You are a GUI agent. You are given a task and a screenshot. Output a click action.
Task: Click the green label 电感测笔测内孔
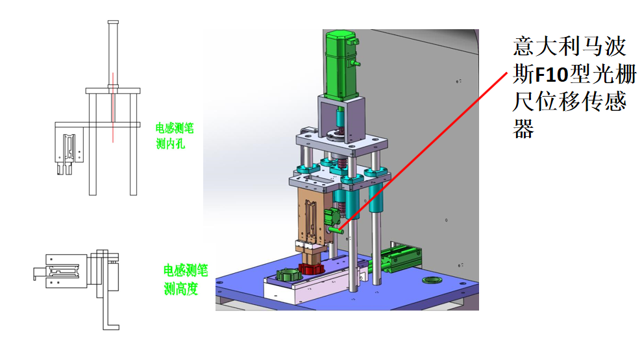175,136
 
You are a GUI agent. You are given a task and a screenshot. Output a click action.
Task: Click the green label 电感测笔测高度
186,280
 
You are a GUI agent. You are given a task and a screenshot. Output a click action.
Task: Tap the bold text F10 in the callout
552,75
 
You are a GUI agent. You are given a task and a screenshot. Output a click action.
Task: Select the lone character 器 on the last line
523,128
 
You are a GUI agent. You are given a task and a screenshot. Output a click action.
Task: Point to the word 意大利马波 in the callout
569,46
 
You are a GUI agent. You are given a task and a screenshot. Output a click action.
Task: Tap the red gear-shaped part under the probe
311,269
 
